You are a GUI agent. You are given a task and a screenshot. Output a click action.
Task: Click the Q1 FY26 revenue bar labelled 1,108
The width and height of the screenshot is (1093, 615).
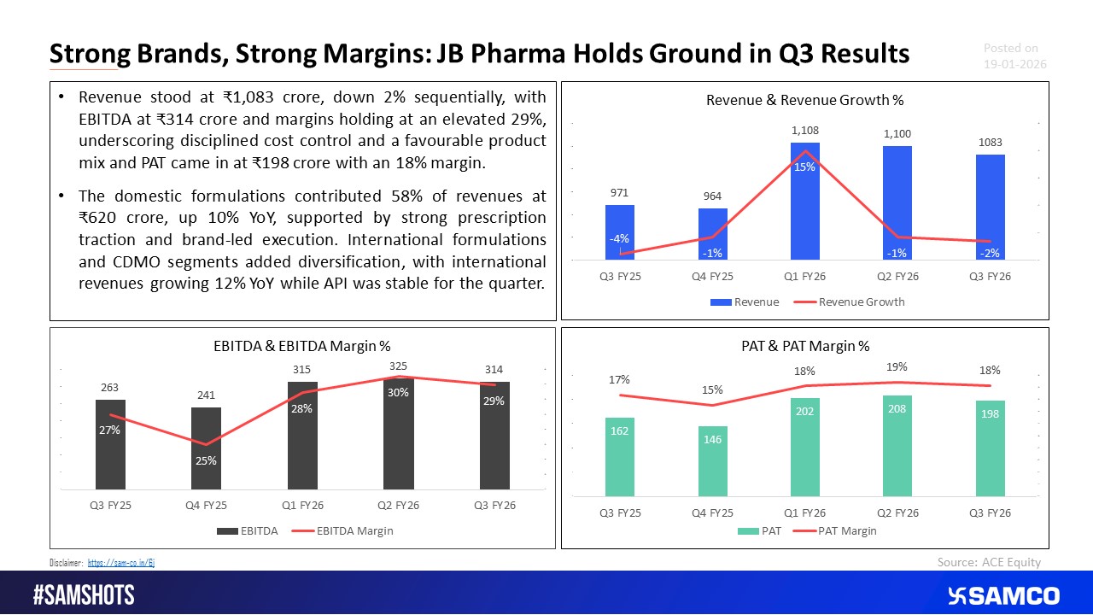tap(804, 202)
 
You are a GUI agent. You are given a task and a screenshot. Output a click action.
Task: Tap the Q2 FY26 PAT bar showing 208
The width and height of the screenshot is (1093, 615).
tap(897, 445)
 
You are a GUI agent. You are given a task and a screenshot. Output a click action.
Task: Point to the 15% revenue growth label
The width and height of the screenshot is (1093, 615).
tap(804, 167)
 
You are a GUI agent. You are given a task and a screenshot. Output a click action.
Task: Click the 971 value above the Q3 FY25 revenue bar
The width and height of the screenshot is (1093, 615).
tap(621, 194)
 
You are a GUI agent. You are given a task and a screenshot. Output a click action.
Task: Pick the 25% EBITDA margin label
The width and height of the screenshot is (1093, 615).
tap(206, 461)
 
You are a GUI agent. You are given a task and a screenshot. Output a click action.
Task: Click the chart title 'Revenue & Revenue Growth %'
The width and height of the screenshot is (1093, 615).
tap(804, 101)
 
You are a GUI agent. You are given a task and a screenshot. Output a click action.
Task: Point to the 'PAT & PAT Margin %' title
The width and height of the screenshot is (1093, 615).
tap(804, 346)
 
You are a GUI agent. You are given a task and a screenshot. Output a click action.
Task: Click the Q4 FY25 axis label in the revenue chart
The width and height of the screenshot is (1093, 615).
tap(713, 277)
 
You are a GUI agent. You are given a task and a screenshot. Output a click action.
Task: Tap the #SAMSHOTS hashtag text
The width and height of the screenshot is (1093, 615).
tap(84, 595)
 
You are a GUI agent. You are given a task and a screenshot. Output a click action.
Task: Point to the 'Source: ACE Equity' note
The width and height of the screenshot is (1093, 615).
tap(989, 561)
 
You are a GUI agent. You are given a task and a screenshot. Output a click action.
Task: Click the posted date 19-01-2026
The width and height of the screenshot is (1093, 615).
tap(1014, 64)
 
